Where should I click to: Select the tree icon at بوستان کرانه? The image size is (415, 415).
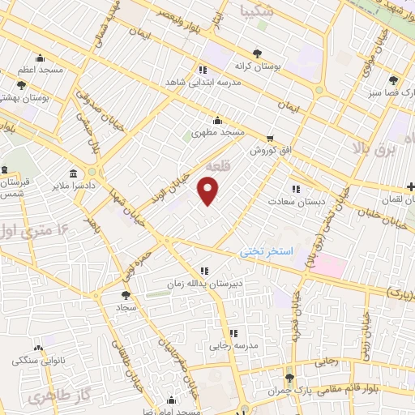[258, 53]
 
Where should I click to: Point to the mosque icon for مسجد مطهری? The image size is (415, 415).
[216, 119]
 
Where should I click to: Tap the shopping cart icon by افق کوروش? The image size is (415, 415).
[270, 138]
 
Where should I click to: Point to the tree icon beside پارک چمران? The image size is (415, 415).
[289, 378]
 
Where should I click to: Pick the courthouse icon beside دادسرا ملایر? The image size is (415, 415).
[74, 173]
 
